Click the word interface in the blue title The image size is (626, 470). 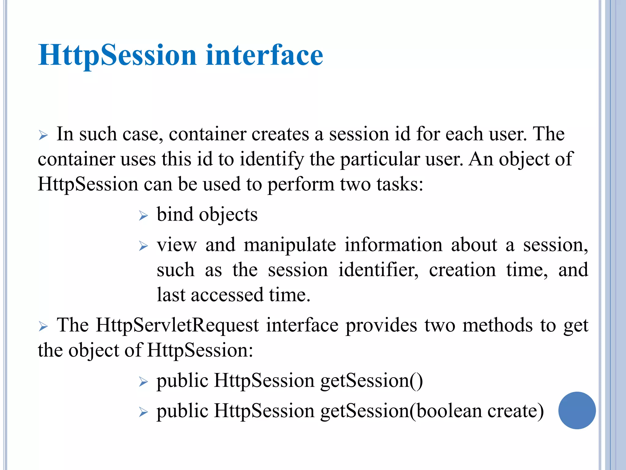[264, 55]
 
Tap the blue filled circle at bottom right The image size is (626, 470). [577, 410]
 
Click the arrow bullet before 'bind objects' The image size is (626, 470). [143, 216]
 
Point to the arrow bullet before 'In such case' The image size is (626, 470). [43, 135]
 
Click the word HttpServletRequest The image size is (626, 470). [177, 325]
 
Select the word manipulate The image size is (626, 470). [290, 245]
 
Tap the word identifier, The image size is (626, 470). [378, 270]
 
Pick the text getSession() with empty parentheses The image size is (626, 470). [372, 381]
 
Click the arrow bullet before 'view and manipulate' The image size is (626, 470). [143, 246]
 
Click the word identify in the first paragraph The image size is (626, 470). [272, 159]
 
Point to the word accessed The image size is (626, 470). [227, 295]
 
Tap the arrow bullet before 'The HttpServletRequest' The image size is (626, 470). [43, 326]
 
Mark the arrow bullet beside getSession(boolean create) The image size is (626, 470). [143, 412]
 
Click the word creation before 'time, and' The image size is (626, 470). [462, 270]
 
